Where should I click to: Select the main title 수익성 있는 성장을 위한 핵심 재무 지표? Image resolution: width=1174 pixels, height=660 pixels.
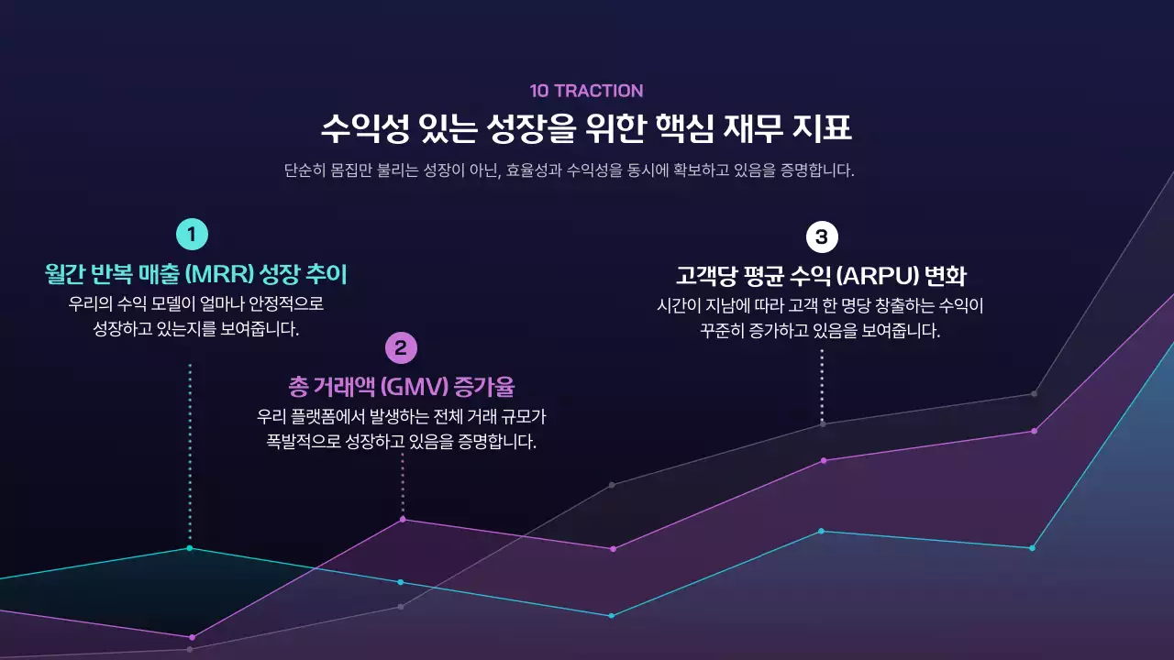click(x=586, y=128)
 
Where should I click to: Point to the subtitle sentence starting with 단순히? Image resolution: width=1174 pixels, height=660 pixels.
click(x=569, y=170)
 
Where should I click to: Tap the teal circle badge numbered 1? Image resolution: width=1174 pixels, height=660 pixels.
click(x=191, y=235)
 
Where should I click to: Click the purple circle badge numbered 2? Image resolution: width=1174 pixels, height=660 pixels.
click(x=401, y=348)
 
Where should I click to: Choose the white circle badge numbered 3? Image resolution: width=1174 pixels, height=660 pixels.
click(x=821, y=237)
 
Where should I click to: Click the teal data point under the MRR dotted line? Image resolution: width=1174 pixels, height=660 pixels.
click(x=190, y=548)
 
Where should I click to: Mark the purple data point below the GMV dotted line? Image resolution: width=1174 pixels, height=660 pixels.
click(x=403, y=520)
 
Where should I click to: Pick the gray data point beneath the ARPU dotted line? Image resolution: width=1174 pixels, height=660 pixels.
click(x=823, y=424)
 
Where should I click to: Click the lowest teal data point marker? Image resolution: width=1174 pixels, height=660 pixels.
click(x=612, y=615)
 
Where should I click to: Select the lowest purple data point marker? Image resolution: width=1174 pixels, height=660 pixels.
click(x=192, y=637)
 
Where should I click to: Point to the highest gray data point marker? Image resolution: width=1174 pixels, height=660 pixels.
click(x=1034, y=394)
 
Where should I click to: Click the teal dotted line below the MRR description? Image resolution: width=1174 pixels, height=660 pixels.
click(x=190, y=449)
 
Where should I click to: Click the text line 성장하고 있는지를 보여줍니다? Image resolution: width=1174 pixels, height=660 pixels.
click(x=196, y=328)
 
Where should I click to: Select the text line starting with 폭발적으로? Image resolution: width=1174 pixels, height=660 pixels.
click(x=401, y=442)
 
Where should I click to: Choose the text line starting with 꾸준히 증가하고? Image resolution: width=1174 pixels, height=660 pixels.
click(x=820, y=331)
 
